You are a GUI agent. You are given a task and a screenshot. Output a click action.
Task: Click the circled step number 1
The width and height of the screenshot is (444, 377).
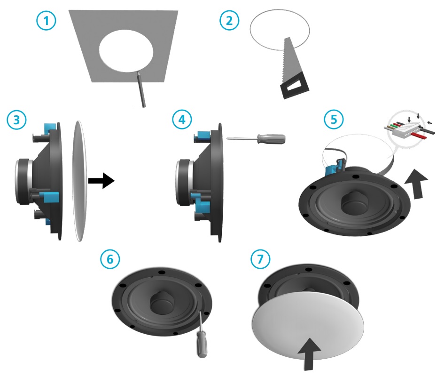46,21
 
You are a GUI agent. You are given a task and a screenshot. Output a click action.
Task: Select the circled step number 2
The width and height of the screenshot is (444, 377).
229,21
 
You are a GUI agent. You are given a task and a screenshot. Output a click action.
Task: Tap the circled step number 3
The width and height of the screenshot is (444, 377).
17,120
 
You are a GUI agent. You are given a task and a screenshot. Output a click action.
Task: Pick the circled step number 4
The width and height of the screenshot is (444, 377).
182,120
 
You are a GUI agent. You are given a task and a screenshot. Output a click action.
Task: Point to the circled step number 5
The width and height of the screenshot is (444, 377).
334,120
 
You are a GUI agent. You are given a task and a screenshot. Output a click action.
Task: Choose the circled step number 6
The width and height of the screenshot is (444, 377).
110,259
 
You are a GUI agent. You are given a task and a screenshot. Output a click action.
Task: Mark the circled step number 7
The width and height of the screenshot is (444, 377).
260,259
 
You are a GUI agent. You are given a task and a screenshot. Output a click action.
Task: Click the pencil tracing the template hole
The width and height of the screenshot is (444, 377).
141,89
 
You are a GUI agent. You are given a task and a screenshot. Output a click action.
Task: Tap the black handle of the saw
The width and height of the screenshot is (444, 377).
295,85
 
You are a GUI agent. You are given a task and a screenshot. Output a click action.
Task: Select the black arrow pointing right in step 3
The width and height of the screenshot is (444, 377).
101,180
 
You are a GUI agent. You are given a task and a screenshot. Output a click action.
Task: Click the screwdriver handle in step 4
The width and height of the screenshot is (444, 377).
271,138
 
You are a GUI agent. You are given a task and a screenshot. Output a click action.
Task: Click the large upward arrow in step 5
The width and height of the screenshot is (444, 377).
416,184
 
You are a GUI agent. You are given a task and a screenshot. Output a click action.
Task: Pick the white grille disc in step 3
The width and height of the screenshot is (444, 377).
79,181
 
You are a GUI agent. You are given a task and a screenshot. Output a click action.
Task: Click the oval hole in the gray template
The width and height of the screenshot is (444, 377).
126,51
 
